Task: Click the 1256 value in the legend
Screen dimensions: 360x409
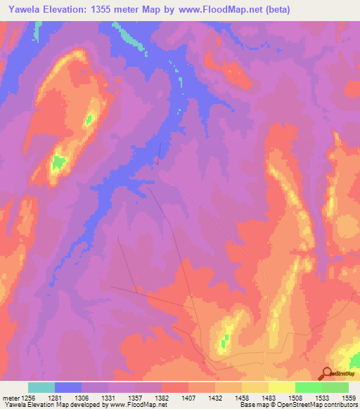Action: (27, 397)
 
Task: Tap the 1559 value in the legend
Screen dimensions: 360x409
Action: (347, 397)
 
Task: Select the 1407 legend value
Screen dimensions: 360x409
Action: (188, 397)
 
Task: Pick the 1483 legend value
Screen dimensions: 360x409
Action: (267, 397)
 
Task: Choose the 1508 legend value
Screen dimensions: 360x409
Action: (294, 397)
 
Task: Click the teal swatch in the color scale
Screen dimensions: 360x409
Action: (41, 387)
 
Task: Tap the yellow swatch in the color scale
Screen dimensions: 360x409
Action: (281, 387)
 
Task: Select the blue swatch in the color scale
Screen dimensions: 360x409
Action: (68, 387)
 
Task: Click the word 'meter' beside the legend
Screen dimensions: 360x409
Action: (9, 397)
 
